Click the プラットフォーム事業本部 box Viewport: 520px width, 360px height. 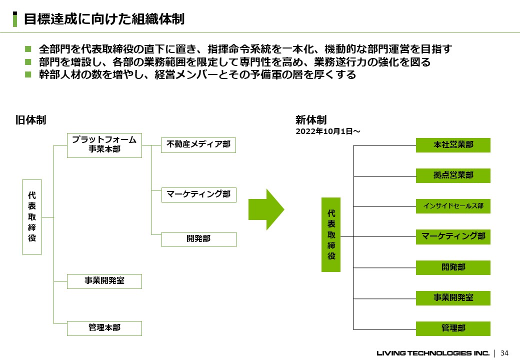tap(104, 145)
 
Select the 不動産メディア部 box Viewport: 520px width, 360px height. tap(198, 145)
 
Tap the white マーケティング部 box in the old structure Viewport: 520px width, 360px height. tap(199, 194)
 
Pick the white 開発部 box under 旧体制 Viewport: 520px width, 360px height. tap(199, 239)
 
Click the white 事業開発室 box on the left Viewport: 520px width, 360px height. tap(104, 281)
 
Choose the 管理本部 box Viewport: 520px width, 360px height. tap(104, 328)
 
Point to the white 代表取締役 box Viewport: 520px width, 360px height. tap(32, 217)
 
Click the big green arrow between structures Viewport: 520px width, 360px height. tap(266, 209)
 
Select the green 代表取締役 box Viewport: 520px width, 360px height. tap(331, 234)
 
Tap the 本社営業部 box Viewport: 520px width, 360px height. tap(453, 145)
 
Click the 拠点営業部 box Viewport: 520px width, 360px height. tap(453, 175)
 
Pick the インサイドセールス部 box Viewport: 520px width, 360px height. tap(453, 206)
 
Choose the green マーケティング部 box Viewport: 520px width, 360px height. tap(453, 236)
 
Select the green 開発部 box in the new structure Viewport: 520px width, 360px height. tap(453, 267)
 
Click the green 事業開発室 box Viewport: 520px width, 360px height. tap(453, 298)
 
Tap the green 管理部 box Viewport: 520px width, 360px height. tap(453, 328)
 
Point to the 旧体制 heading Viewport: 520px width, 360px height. tap(30, 120)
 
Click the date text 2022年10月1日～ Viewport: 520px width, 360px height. tap(328, 131)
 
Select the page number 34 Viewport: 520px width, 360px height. tap(504, 353)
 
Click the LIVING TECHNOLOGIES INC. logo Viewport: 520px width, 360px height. tap(433, 353)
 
